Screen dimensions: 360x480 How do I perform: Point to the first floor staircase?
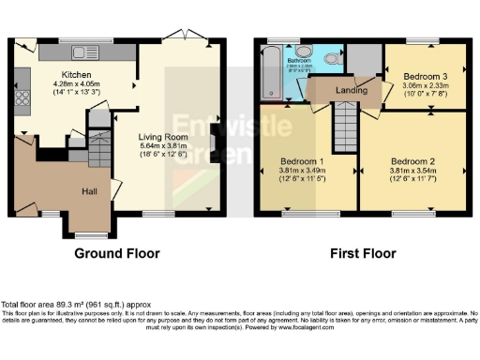tap(346, 121)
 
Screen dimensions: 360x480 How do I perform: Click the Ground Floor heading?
tap(117, 253)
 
